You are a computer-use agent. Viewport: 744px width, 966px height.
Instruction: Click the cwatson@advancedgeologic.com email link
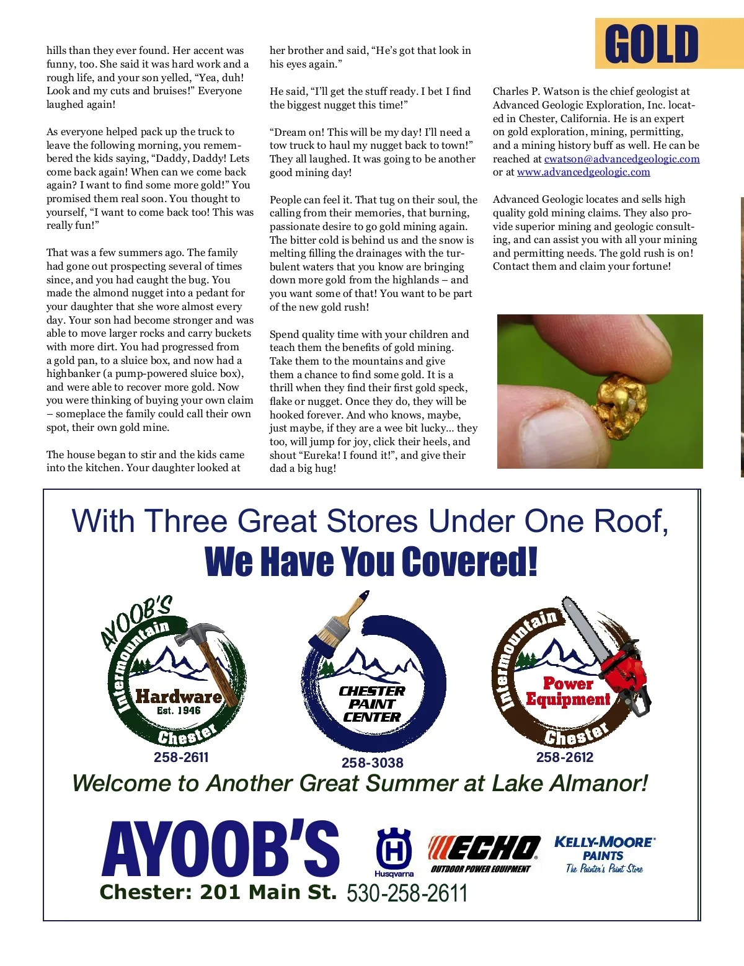(622, 159)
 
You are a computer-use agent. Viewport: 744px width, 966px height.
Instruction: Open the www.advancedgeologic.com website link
(583, 172)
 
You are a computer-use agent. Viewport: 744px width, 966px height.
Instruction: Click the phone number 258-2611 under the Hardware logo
(181, 757)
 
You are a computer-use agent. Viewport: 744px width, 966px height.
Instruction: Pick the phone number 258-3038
(372, 763)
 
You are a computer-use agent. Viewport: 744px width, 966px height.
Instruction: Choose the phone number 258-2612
(565, 757)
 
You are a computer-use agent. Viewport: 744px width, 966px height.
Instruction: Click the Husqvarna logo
(394, 853)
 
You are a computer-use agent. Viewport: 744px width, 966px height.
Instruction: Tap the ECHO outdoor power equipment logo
(484, 853)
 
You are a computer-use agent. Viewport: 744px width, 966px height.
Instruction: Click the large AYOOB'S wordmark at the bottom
(221, 849)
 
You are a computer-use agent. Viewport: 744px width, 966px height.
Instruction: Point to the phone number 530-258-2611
(407, 893)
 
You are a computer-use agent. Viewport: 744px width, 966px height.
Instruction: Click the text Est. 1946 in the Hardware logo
(179, 711)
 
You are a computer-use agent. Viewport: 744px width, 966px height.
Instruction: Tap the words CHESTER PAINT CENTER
(372, 704)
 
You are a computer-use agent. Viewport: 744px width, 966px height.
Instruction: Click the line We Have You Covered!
(371, 561)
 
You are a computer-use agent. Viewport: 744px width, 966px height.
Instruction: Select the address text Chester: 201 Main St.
(218, 892)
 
